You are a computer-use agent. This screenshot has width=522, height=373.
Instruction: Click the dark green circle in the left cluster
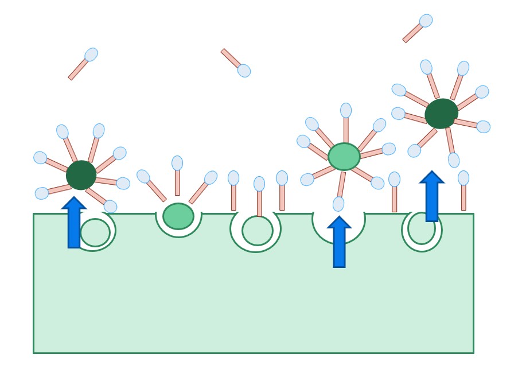click(x=81, y=175)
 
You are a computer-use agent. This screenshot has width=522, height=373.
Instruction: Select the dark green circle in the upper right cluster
click(x=441, y=114)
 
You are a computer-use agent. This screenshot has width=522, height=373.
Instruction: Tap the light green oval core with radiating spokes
click(x=344, y=157)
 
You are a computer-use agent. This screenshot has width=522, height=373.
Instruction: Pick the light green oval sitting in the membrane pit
click(x=178, y=216)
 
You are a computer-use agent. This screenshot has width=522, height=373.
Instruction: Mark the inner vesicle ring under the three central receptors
click(x=258, y=231)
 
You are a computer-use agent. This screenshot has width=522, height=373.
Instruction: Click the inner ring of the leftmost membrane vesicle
click(x=95, y=232)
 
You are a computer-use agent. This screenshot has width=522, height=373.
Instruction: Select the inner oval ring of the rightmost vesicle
click(x=422, y=228)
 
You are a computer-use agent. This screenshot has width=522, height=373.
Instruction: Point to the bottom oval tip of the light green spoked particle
click(x=338, y=204)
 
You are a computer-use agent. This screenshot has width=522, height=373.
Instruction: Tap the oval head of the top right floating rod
click(x=426, y=21)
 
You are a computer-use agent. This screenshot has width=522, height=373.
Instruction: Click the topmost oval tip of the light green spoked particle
click(x=346, y=110)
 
